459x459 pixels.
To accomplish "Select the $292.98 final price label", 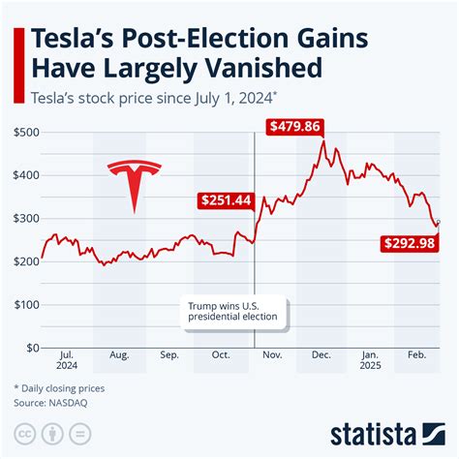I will [x=414, y=246].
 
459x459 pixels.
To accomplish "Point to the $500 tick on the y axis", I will [x=25, y=133].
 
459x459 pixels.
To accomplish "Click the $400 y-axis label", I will [x=25, y=175].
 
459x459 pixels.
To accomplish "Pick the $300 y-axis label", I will [x=25, y=219].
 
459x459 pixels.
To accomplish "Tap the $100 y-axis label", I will [x=25, y=304].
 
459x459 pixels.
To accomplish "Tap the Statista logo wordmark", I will [x=387, y=431].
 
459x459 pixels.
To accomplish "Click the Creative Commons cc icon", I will [x=24, y=432].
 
